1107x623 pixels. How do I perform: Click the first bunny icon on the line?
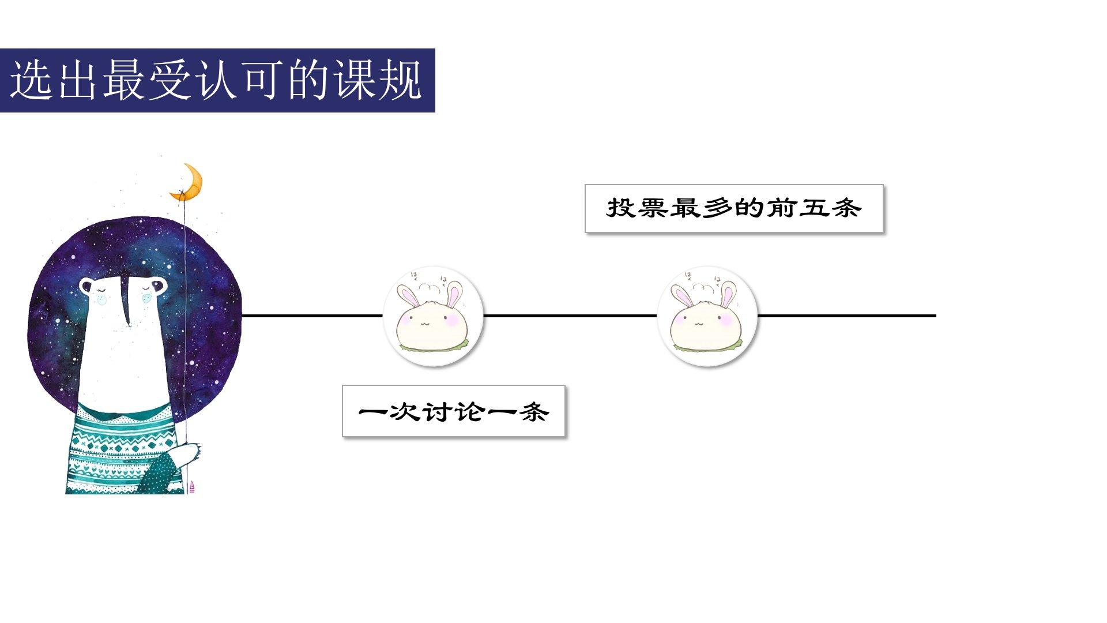coord(433,316)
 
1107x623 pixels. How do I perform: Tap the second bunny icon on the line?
coord(707,316)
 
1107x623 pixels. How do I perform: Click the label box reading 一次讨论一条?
coord(453,411)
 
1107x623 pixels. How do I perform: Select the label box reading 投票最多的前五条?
coord(734,208)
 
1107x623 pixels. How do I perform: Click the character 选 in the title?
coord(32,80)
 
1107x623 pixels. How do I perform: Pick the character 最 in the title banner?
coord(124,80)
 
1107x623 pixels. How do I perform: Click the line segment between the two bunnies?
coord(570,316)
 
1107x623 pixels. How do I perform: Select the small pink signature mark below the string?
coord(192,487)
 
